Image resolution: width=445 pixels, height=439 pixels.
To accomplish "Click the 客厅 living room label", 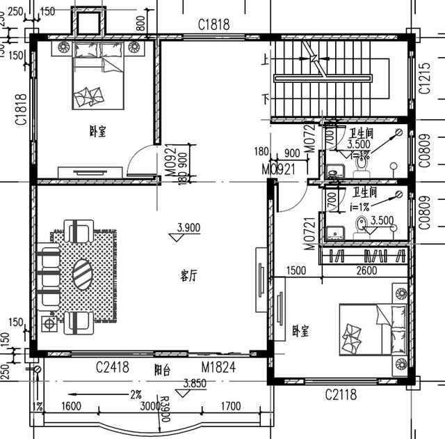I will [x=188, y=276].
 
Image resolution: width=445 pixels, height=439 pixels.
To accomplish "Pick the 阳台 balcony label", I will [x=162, y=370].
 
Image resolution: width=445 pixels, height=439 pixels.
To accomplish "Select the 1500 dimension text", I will [x=296, y=270].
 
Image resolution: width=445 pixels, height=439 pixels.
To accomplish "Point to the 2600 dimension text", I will [x=367, y=270].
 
